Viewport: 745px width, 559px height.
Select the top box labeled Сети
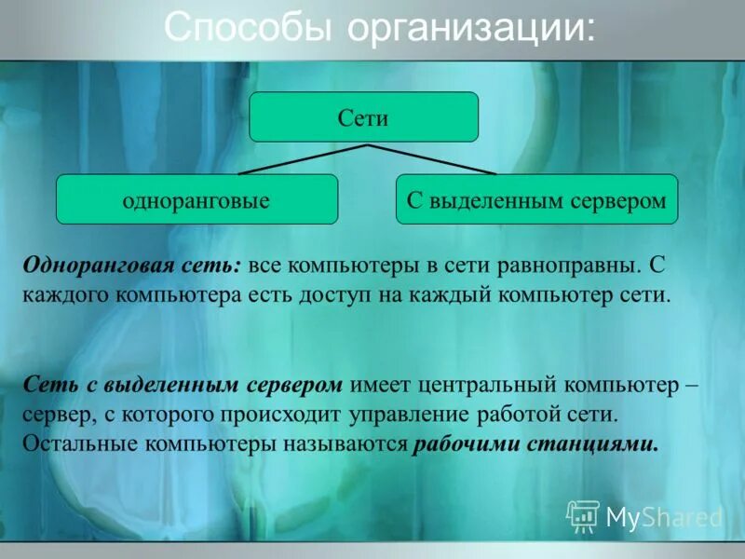(x=363, y=117)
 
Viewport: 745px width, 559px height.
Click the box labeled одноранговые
(x=196, y=199)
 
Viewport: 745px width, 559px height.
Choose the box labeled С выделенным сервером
(x=536, y=199)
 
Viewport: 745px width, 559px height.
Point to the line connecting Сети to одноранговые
(x=303, y=159)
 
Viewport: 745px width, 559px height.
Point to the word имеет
(x=381, y=384)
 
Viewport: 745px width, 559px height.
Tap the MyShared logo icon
(x=583, y=515)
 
